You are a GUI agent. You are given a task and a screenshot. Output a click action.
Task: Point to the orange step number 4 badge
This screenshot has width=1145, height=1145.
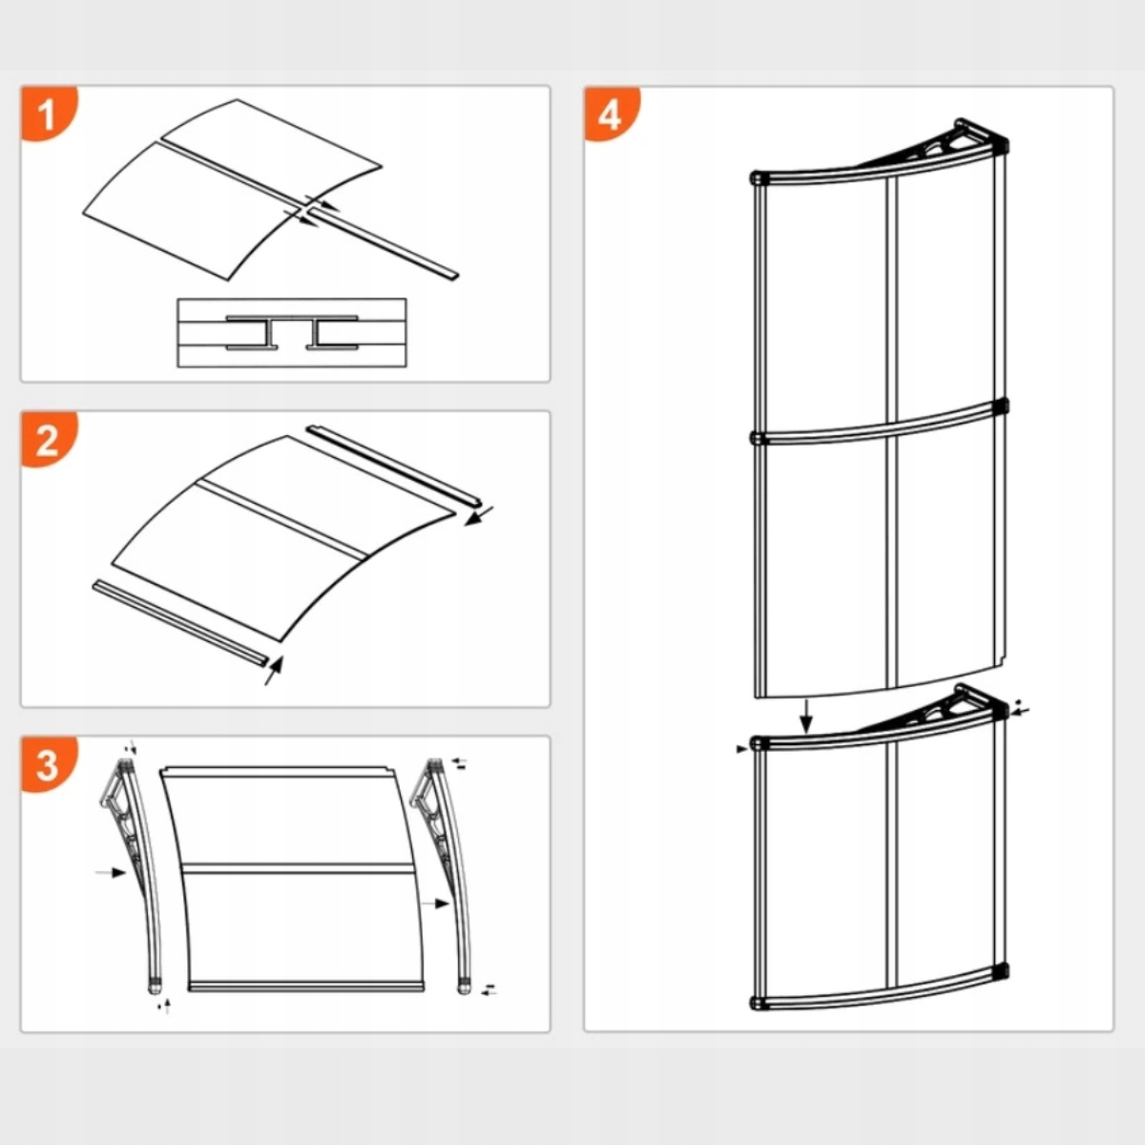[x=610, y=114]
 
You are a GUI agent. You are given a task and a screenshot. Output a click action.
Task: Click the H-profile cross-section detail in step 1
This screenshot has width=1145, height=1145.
[x=291, y=332]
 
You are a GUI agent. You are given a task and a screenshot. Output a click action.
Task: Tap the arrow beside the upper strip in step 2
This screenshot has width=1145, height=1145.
[x=480, y=516]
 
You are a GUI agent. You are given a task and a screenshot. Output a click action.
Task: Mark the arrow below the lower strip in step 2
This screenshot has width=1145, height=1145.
[x=273, y=670]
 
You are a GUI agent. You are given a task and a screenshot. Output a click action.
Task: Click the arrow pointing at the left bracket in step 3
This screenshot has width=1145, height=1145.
[x=111, y=871]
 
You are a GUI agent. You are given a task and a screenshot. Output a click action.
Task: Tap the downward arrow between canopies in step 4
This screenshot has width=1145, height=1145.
[x=806, y=716]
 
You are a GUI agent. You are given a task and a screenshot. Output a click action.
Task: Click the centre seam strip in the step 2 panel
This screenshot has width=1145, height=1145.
[x=281, y=520]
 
